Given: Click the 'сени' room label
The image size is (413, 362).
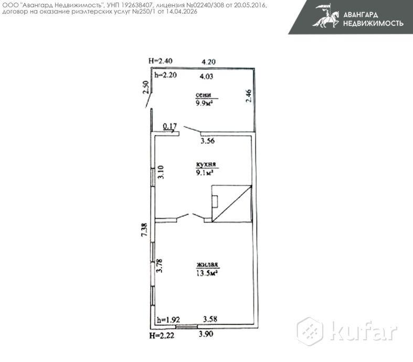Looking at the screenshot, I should point(203,95).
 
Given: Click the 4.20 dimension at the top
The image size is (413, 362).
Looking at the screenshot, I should point(209,61).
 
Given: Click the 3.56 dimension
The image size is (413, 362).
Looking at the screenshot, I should point(209,141).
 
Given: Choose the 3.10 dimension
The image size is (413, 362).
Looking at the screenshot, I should point(161,172).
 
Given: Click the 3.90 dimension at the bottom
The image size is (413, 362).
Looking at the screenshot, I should point(206,333).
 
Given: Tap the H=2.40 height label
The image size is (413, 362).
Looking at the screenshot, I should point(160,61).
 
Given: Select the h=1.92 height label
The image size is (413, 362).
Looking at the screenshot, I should point(168,319).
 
